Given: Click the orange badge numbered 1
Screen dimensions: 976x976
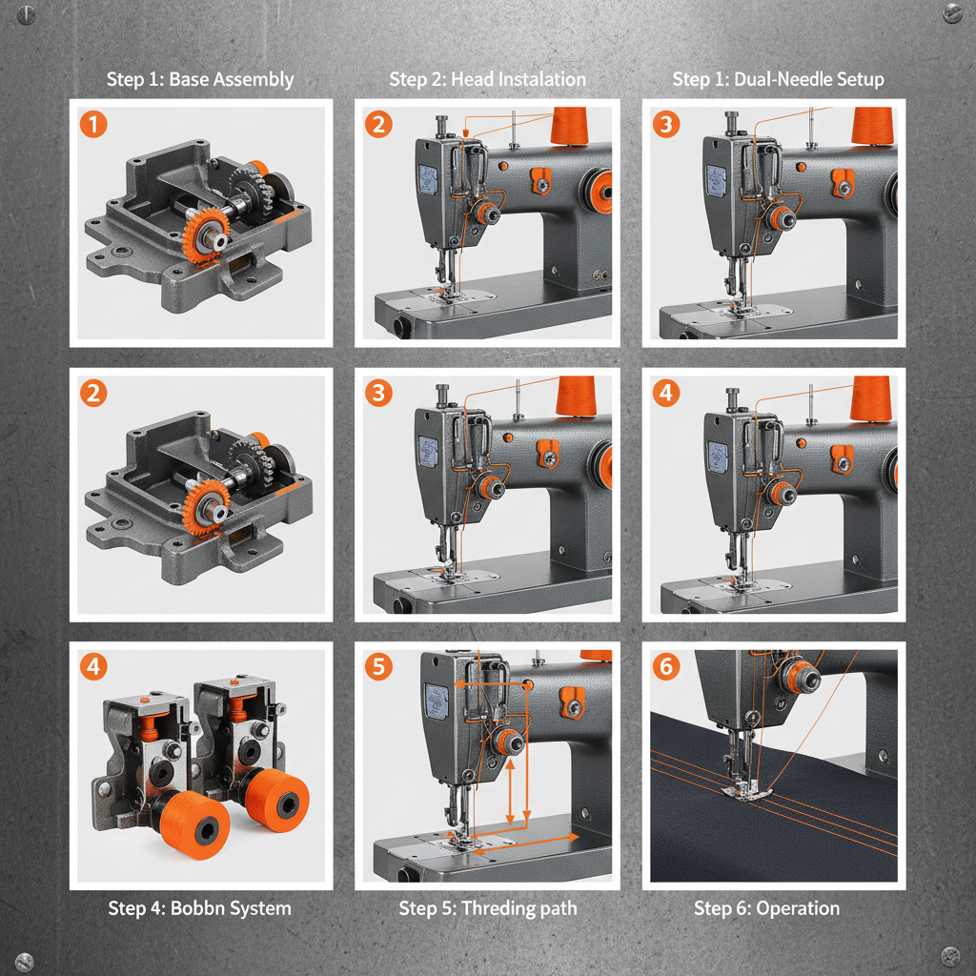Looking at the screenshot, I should (92, 123).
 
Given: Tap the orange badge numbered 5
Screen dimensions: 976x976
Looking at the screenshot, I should (378, 666).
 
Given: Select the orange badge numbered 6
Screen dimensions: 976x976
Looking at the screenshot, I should (665, 667).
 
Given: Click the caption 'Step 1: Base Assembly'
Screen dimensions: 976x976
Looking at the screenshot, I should (200, 79).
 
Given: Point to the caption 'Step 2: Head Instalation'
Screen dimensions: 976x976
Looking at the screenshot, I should (487, 79).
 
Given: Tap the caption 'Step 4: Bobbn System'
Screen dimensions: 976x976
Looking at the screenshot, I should (200, 907).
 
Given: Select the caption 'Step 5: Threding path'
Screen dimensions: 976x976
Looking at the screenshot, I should (487, 907).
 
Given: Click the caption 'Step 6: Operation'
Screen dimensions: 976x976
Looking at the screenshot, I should (766, 907).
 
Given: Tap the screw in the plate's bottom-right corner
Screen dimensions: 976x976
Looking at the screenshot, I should (950, 955).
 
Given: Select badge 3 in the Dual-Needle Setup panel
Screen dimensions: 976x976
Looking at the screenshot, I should (665, 123).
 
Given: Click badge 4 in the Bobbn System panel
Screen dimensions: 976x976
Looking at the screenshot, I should (92, 667).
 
